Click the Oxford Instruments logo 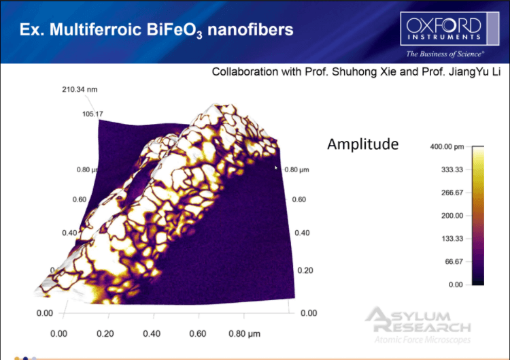(449, 29)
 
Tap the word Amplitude (362, 144)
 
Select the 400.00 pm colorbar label (447, 147)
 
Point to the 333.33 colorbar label (452, 169)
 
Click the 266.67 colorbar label (452, 193)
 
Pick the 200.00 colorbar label (452, 216)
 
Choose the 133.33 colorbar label (452, 239)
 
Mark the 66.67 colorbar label (454, 262)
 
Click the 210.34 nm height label (80, 90)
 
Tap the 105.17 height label (92, 114)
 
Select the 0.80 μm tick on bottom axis (244, 334)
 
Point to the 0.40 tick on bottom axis (152, 333)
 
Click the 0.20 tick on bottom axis (105, 333)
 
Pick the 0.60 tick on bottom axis (198, 333)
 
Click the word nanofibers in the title (250, 30)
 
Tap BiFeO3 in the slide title (174, 30)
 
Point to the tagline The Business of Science (445, 54)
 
